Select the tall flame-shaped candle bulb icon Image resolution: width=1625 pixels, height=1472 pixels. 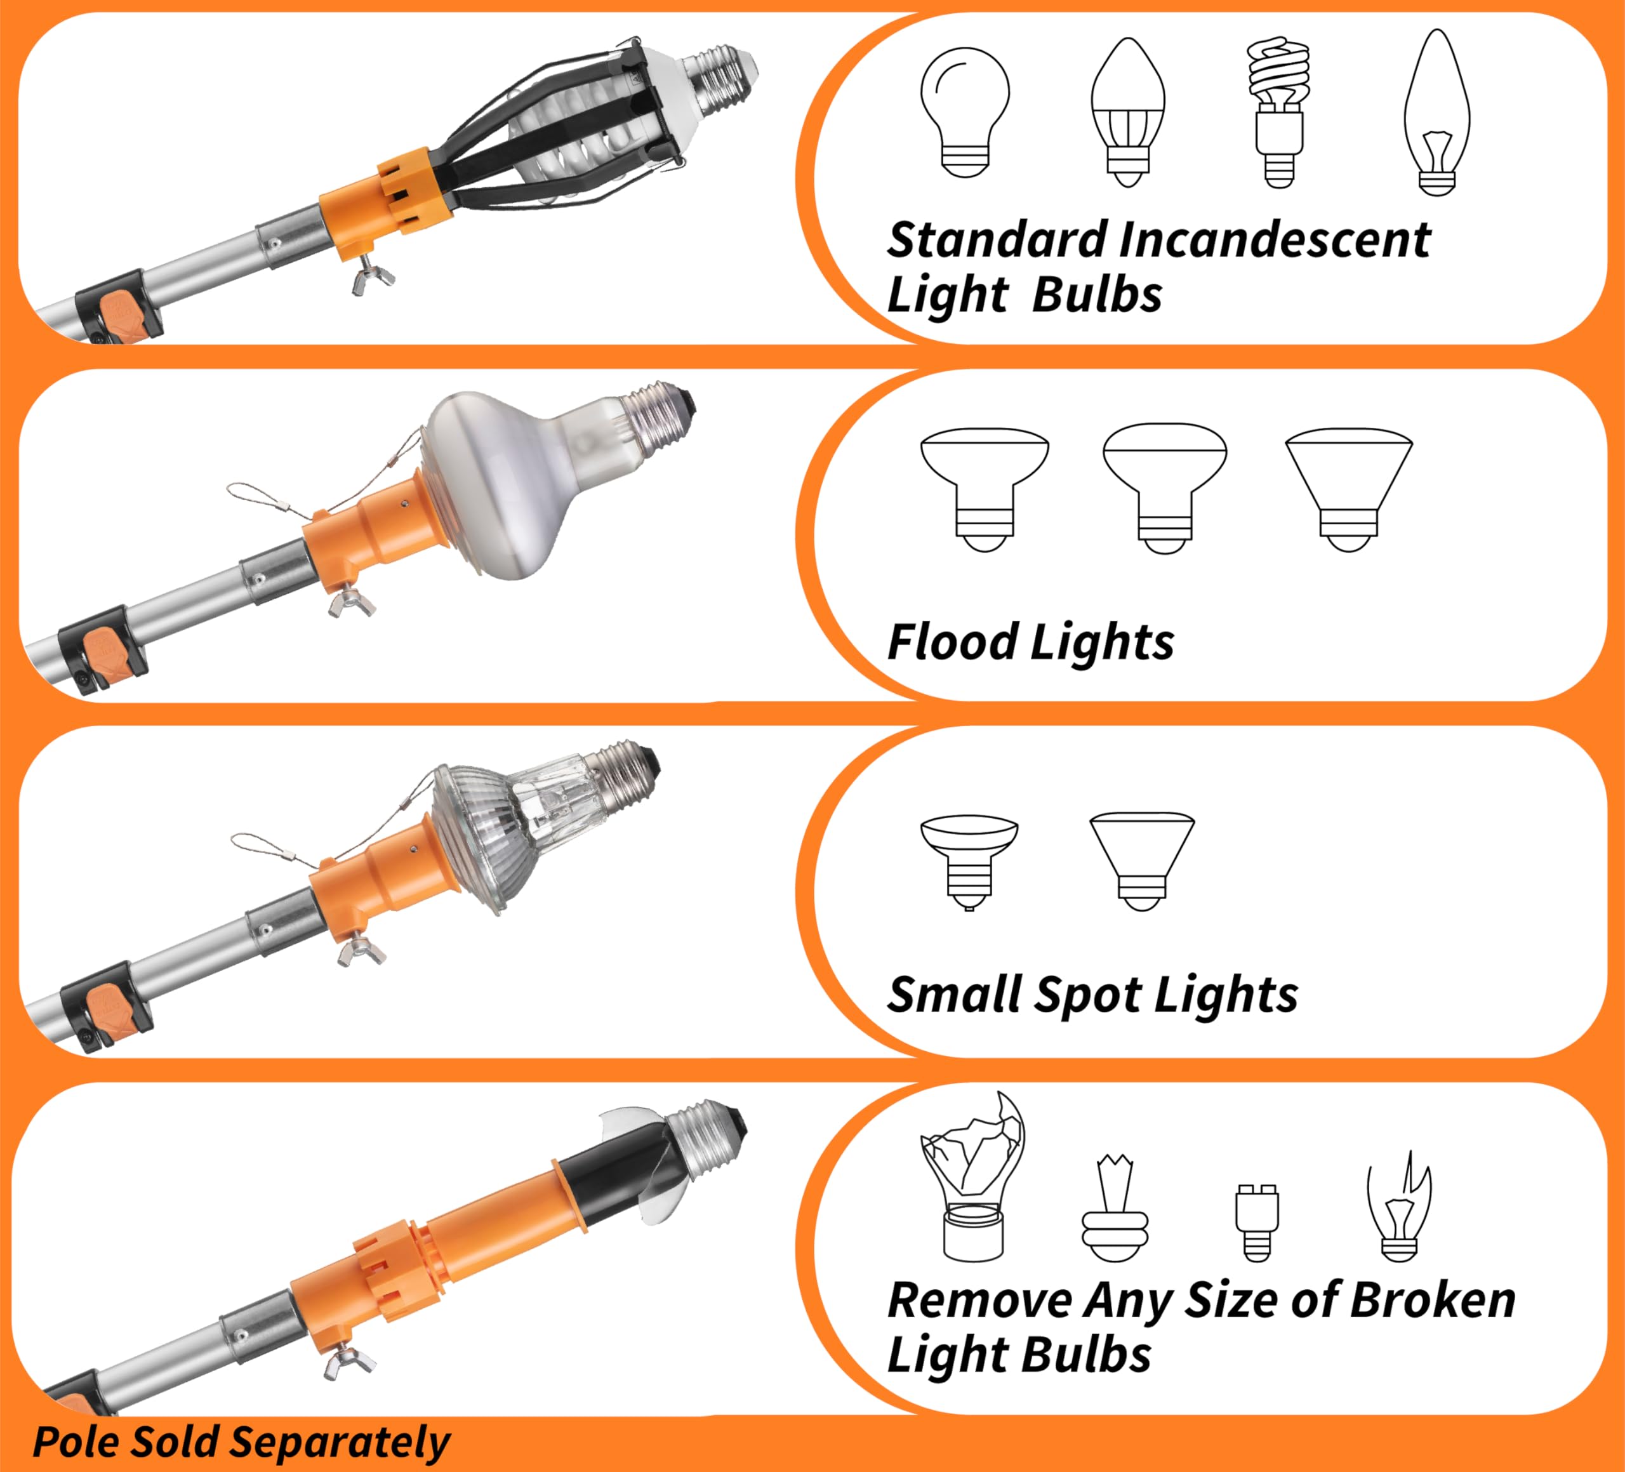(x=1436, y=113)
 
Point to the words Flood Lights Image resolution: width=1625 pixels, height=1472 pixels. (x=1030, y=642)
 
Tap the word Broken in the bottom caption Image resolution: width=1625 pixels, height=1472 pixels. (x=1433, y=1300)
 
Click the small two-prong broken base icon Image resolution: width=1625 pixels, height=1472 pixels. (x=1257, y=1221)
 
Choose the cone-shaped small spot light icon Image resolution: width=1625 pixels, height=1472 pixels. (x=1141, y=860)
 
